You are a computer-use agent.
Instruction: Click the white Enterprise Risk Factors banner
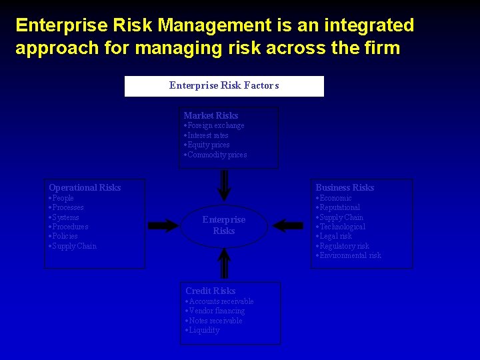click(x=224, y=86)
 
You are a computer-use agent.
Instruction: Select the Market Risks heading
click(x=211, y=115)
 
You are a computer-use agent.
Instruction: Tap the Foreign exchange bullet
click(x=215, y=125)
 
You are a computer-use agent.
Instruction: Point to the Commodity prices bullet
click(x=217, y=155)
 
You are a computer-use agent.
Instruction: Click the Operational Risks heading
click(x=85, y=187)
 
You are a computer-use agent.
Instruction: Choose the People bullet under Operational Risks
click(x=63, y=198)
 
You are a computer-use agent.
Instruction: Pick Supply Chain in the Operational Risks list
click(x=74, y=246)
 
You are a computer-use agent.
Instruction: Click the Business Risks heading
click(x=345, y=187)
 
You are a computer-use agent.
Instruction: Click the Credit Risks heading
click(x=210, y=291)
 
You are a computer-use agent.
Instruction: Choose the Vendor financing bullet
click(x=217, y=311)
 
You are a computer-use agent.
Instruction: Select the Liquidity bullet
click(x=203, y=330)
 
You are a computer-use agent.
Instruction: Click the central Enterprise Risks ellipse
click(x=224, y=225)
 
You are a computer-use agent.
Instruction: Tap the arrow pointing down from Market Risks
click(x=225, y=185)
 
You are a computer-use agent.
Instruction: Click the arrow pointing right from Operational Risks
click(x=163, y=225)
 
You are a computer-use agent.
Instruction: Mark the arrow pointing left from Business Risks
click(x=288, y=225)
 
